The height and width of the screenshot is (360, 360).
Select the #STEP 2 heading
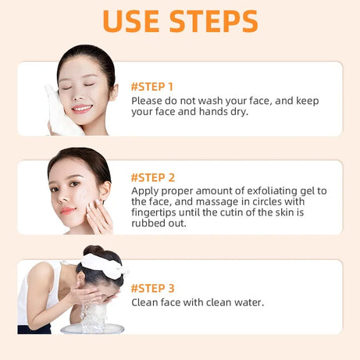coord(152,177)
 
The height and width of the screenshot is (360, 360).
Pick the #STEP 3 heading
coord(152,287)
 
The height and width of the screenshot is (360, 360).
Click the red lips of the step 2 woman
coord(68,211)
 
